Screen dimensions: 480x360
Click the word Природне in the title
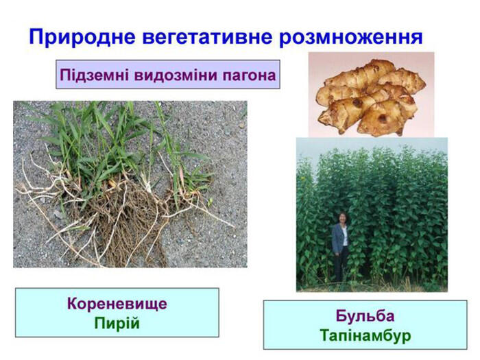pyautogui.click(x=82, y=37)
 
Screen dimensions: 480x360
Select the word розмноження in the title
pyautogui.click(x=351, y=37)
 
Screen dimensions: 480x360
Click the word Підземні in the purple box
pyautogui.click(x=95, y=75)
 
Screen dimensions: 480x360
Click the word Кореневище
pyautogui.click(x=117, y=304)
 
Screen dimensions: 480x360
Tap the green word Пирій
pyautogui.click(x=117, y=323)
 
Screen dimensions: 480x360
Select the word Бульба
pyautogui.click(x=365, y=315)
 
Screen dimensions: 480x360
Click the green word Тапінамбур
pyautogui.click(x=365, y=335)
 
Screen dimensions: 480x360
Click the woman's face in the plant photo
pyautogui.click(x=343, y=218)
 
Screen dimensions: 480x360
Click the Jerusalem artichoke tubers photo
pyautogui.click(x=371, y=95)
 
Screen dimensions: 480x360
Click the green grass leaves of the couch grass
pyautogui.click(x=117, y=144)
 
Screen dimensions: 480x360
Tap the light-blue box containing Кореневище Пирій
pyautogui.click(x=117, y=313)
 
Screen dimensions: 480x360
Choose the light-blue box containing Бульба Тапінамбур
pyautogui.click(x=365, y=324)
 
